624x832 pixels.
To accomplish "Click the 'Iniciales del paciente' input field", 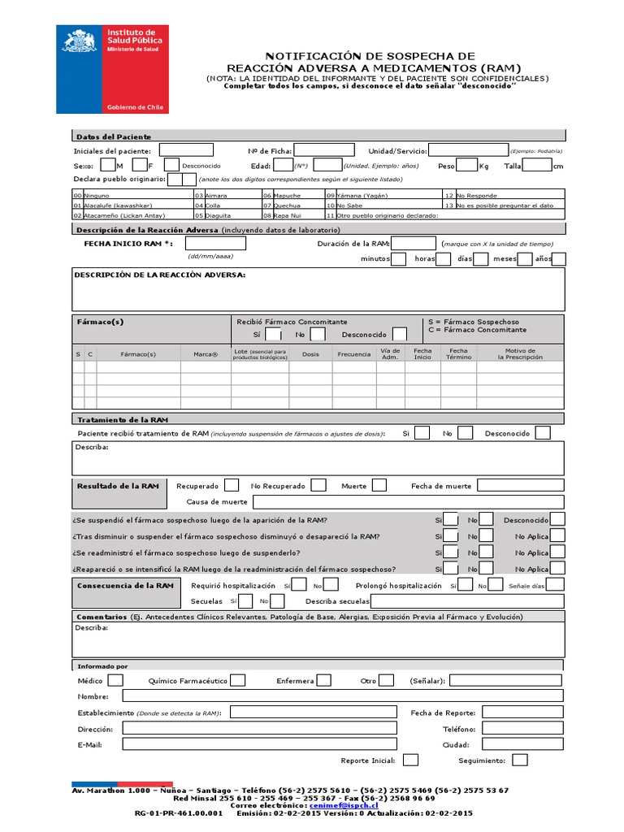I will [186, 150].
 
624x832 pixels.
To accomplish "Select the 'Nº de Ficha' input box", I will [323, 150].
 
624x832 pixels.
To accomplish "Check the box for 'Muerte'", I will [379, 485].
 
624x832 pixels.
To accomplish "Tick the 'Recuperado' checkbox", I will [232, 485].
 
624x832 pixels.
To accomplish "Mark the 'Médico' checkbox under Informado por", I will [115, 680].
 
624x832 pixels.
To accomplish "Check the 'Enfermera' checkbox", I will [323, 680].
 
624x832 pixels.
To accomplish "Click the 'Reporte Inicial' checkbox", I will [411, 760].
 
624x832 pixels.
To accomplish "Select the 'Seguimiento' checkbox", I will [520, 760].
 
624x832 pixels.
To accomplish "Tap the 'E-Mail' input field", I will [260, 743].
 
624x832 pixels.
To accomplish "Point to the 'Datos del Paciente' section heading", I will [113, 136].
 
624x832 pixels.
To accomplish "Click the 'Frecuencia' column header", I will [354, 354].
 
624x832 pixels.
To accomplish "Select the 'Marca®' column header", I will [206, 354].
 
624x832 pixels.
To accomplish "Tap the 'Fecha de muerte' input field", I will [520, 485].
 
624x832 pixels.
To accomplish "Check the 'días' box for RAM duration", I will [481, 259].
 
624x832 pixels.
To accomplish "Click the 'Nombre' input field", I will [342, 696].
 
